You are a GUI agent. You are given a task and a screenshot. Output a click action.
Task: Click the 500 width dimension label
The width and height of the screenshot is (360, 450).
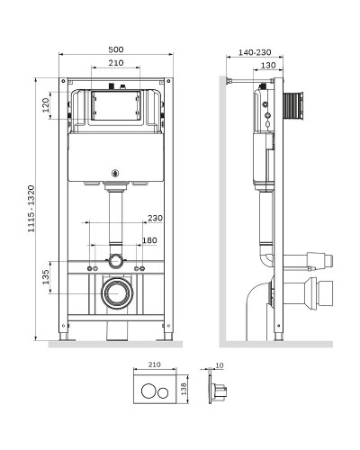point(116,49)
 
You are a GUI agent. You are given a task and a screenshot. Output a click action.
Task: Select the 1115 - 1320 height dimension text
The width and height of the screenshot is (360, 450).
point(31,209)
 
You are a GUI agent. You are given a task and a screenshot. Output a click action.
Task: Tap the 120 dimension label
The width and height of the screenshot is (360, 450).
point(46,105)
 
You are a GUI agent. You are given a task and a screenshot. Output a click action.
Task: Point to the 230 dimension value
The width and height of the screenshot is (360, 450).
point(155,218)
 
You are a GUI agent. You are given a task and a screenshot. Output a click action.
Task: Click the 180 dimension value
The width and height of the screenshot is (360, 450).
point(149,240)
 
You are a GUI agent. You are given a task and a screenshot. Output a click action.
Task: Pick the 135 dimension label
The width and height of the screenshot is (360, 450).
point(46,277)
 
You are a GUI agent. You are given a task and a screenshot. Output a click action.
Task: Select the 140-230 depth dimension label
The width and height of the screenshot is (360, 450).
point(255,52)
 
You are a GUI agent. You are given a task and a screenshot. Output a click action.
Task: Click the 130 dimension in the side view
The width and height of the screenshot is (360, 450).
point(268,65)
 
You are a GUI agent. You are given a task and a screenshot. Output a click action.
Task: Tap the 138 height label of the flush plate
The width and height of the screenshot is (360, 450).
point(184,389)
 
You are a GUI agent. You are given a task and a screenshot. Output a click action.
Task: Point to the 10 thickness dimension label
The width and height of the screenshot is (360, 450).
point(220,365)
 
